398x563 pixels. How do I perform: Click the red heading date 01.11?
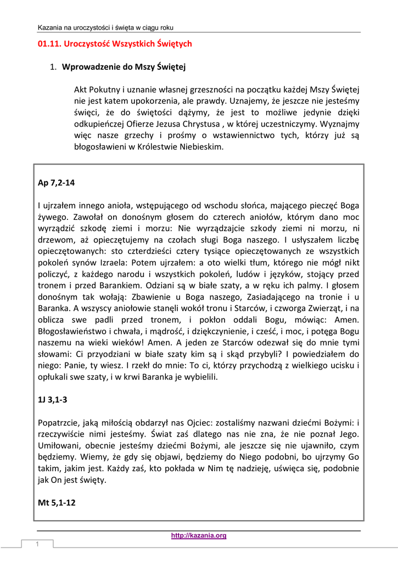point(49,43)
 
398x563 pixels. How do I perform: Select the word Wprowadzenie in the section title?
point(88,68)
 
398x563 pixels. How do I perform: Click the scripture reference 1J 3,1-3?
point(53,400)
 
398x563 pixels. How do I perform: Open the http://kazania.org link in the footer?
point(199,536)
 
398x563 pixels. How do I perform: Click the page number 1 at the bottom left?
point(38,544)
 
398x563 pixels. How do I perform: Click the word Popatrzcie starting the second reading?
point(61,423)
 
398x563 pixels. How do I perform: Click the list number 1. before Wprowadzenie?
point(53,68)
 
